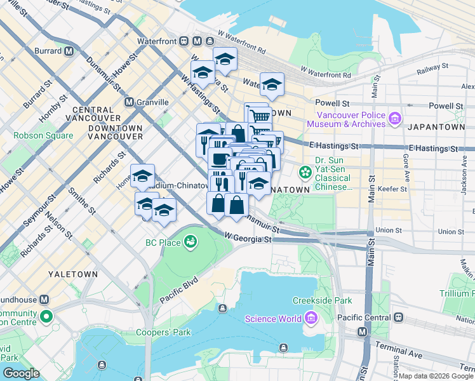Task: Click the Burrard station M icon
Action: click(67, 51)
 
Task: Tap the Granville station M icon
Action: click(129, 102)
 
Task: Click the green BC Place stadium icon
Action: click(189, 241)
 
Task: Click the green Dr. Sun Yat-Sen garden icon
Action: click(305, 171)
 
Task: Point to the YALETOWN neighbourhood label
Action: click(73, 274)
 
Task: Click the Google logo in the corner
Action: click(21, 373)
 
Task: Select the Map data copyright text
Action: click(435, 376)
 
